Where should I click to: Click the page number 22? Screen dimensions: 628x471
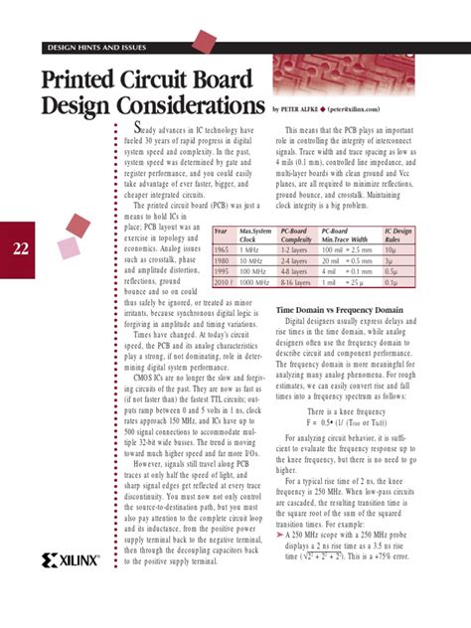(x=21, y=248)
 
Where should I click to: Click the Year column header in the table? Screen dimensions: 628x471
(x=222, y=232)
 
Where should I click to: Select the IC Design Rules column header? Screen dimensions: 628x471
(x=398, y=235)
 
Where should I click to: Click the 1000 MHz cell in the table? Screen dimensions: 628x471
(x=255, y=281)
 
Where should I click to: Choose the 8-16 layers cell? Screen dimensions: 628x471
(x=295, y=281)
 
